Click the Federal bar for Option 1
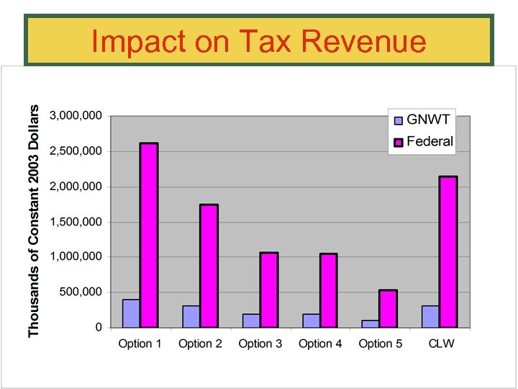click(x=149, y=235)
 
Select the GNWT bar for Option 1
click(x=131, y=313)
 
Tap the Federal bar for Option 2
click(x=209, y=266)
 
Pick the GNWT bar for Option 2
click(x=191, y=316)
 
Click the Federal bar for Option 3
click(x=269, y=290)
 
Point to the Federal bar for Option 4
click(x=329, y=290)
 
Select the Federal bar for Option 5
click(x=388, y=308)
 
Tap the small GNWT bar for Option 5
click(x=371, y=323)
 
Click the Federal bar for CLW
click(x=448, y=251)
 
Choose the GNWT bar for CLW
click(x=430, y=316)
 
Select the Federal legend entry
click(x=422, y=141)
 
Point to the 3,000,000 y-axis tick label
click(x=76, y=115)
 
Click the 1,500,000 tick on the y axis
click(x=76, y=222)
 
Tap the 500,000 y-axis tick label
click(x=81, y=292)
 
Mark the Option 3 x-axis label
click(x=260, y=344)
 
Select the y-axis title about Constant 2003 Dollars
click(x=33, y=219)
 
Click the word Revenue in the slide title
click(x=364, y=42)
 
